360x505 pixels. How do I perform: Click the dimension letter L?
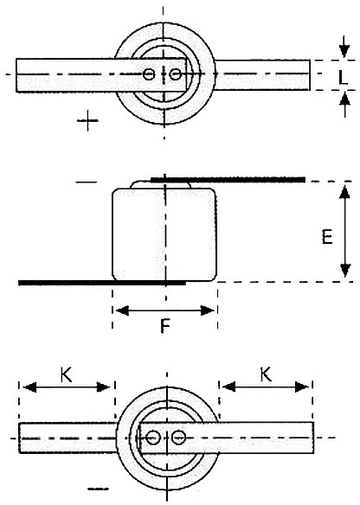coord(343,77)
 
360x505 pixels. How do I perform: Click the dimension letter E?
coord(327,237)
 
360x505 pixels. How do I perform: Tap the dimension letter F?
coord(164,326)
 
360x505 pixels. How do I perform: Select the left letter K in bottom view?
coord(66,374)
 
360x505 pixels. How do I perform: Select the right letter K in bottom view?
coord(266,374)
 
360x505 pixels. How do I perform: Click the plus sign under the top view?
coord(87,120)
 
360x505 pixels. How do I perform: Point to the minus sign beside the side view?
coord(86,182)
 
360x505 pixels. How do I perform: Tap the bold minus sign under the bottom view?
coord(98,489)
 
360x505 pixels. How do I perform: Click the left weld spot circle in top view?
coord(149,74)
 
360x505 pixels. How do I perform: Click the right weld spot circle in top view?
coord(175,74)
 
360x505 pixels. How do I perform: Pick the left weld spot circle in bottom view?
coord(152,438)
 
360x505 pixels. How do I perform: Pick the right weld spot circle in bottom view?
coord(177,438)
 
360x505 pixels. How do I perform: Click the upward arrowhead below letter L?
coord(344,99)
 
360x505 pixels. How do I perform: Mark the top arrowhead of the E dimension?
coord(344,193)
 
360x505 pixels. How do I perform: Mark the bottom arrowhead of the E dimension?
coord(345,271)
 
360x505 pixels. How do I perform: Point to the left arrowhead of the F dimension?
coord(122,310)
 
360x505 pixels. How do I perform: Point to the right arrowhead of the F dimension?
coord(207,310)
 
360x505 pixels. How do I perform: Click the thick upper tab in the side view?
coord(228,179)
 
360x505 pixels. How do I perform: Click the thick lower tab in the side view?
coord(102,283)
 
